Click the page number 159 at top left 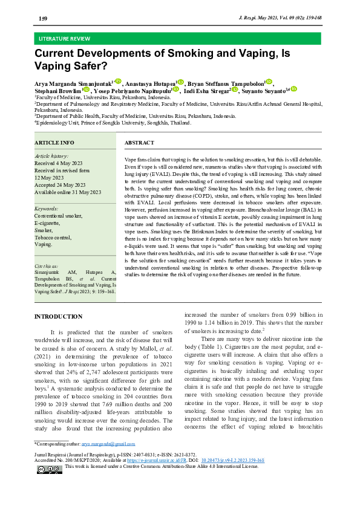click(43, 19)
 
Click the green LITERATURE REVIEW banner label click(65, 38)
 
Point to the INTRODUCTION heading click(58, 316)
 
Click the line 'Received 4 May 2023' click(61, 163)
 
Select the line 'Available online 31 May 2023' click(68, 192)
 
